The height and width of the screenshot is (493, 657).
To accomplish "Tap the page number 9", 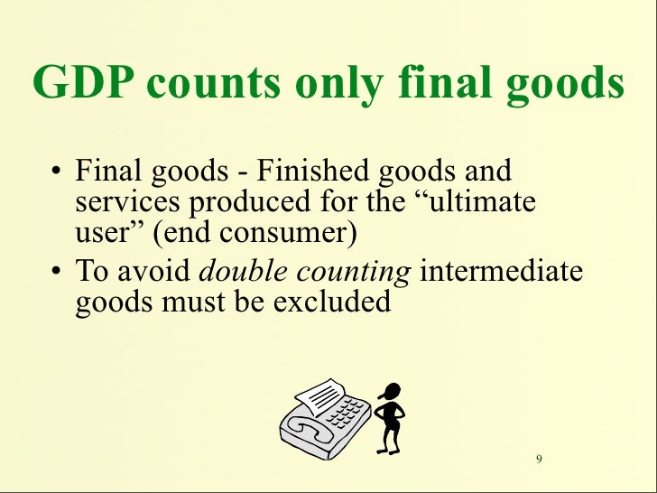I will [x=539, y=460].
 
